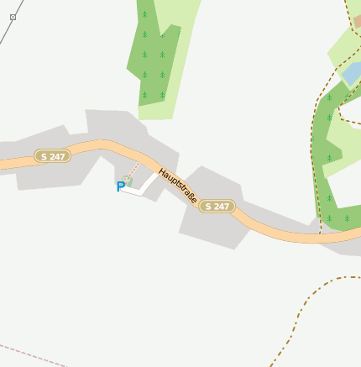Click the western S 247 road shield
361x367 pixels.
(53, 156)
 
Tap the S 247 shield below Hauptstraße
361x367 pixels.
(217, 206)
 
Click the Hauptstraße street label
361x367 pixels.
(178, 186)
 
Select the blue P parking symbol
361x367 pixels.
(120, 186)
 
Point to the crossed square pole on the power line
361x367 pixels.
(13, 17)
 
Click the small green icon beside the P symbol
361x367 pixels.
(128, 181)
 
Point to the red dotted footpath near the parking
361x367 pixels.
(134, 170)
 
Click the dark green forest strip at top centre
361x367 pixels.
(151, 59)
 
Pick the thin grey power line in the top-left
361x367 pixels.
(7, 29)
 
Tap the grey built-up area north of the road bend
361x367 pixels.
(113, 126)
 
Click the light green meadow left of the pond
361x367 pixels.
(340, 50)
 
